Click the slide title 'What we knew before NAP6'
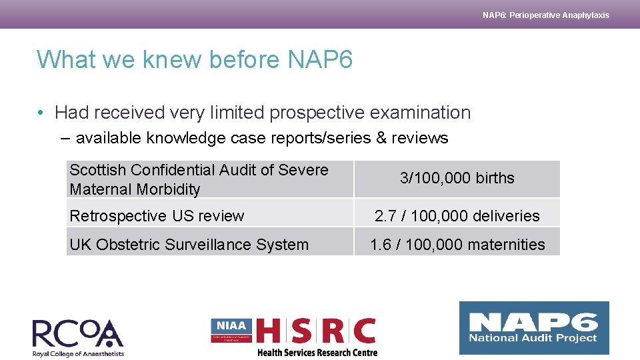(x=194, y=60)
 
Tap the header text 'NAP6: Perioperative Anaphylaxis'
(x=545, y=15)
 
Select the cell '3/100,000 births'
(x=457, y=179)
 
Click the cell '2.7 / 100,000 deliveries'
(x=457, y=216)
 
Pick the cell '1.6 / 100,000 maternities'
(x=457, y=245)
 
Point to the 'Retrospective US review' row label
(x=157, y=216)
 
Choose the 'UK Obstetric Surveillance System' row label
(x=189, y=245)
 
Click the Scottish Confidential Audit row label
(x=199, y=179)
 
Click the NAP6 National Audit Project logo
(x=533, y=327)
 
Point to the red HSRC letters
(x=316, y=331)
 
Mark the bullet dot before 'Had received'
(x=42, y=113)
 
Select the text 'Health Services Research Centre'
(x=317, y=352)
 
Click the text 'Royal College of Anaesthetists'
(x=78, y=353)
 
